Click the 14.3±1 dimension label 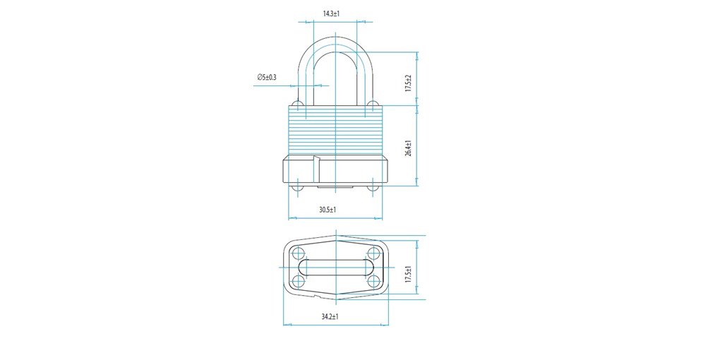tap(330, 14)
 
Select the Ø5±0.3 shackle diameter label tap(267, 77)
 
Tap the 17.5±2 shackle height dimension tap(408, 83)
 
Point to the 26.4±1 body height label tap(408, 148)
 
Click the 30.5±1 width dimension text tap(328, 210)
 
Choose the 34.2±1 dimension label tap(330, 316)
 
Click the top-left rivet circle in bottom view tap(299, 253)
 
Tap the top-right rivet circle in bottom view tap(374, 253)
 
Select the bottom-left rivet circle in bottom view tap(299, 280)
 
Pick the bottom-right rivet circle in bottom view tap(374, 280)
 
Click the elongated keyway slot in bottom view tap(336, 267)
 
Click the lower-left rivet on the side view tap(298, 188)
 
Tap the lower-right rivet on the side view tap(373, 188)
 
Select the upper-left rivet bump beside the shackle tap(298, 103)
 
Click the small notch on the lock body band tap(316, 159)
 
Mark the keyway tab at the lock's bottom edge tap(335, 187)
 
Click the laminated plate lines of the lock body tap(335, 131)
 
